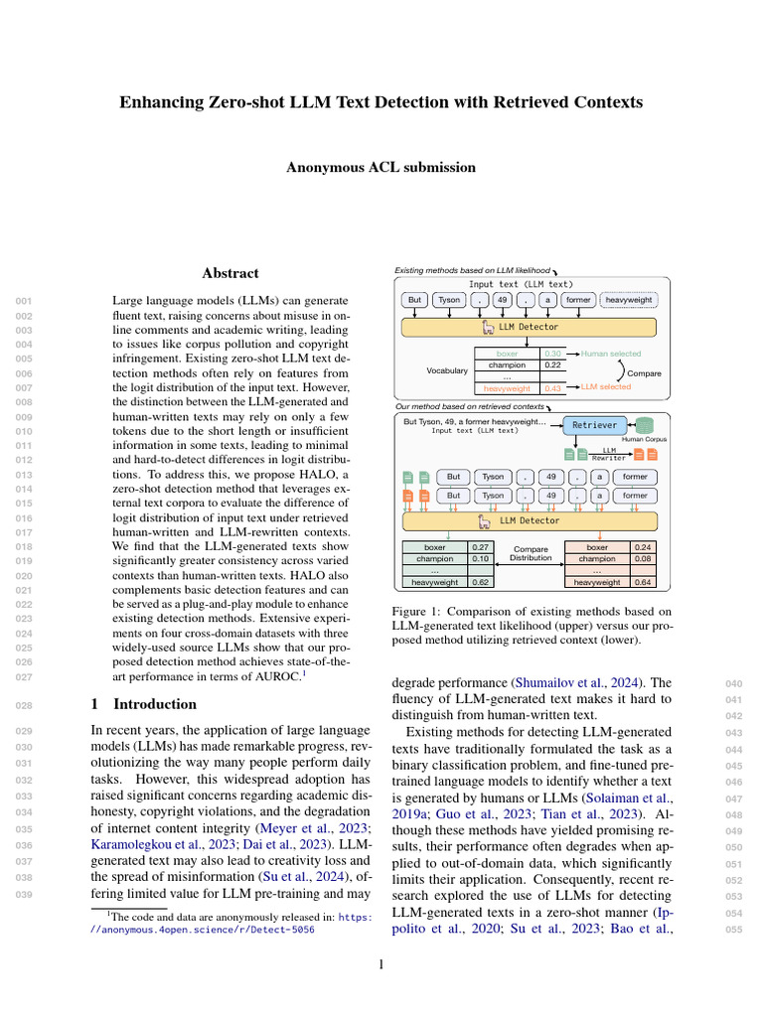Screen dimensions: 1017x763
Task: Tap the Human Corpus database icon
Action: (645, 425)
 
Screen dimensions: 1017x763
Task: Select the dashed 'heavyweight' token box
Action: (628, 299)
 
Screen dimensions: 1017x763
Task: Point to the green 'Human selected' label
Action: (611, 354)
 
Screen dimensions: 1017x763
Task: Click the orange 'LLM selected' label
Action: (605, 387)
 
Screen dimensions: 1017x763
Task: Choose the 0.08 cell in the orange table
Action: (643, 559)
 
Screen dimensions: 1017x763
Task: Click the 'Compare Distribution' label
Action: (530, 553)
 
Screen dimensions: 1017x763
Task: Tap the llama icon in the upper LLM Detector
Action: (487, 326)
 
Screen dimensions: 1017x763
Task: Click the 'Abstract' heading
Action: (230, 273)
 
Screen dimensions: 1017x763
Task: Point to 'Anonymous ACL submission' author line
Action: (381, 168)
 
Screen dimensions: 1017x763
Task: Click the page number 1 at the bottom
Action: (381, 963)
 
